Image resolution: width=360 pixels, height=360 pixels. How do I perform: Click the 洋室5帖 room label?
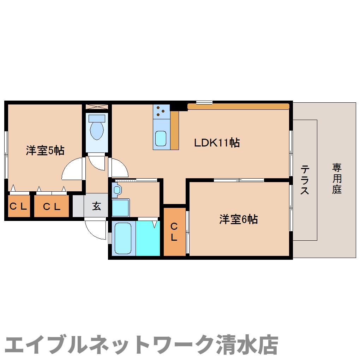[45, 151]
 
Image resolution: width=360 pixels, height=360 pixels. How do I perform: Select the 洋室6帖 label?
[238, 220]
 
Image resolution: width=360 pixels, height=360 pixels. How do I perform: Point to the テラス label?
[305, 180]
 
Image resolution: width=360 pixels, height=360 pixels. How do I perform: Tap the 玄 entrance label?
[96, 206]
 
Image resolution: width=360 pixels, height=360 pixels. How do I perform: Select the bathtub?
[123, 238]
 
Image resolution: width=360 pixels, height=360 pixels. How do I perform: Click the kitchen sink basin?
[161, 138]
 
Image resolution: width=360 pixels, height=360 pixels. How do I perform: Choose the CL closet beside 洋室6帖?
[174, 232]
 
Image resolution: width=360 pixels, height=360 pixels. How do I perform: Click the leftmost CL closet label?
[18, 206]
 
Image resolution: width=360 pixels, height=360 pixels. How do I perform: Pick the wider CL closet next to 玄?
[52, 206]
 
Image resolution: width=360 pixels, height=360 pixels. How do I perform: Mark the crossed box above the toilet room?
[97, 107]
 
